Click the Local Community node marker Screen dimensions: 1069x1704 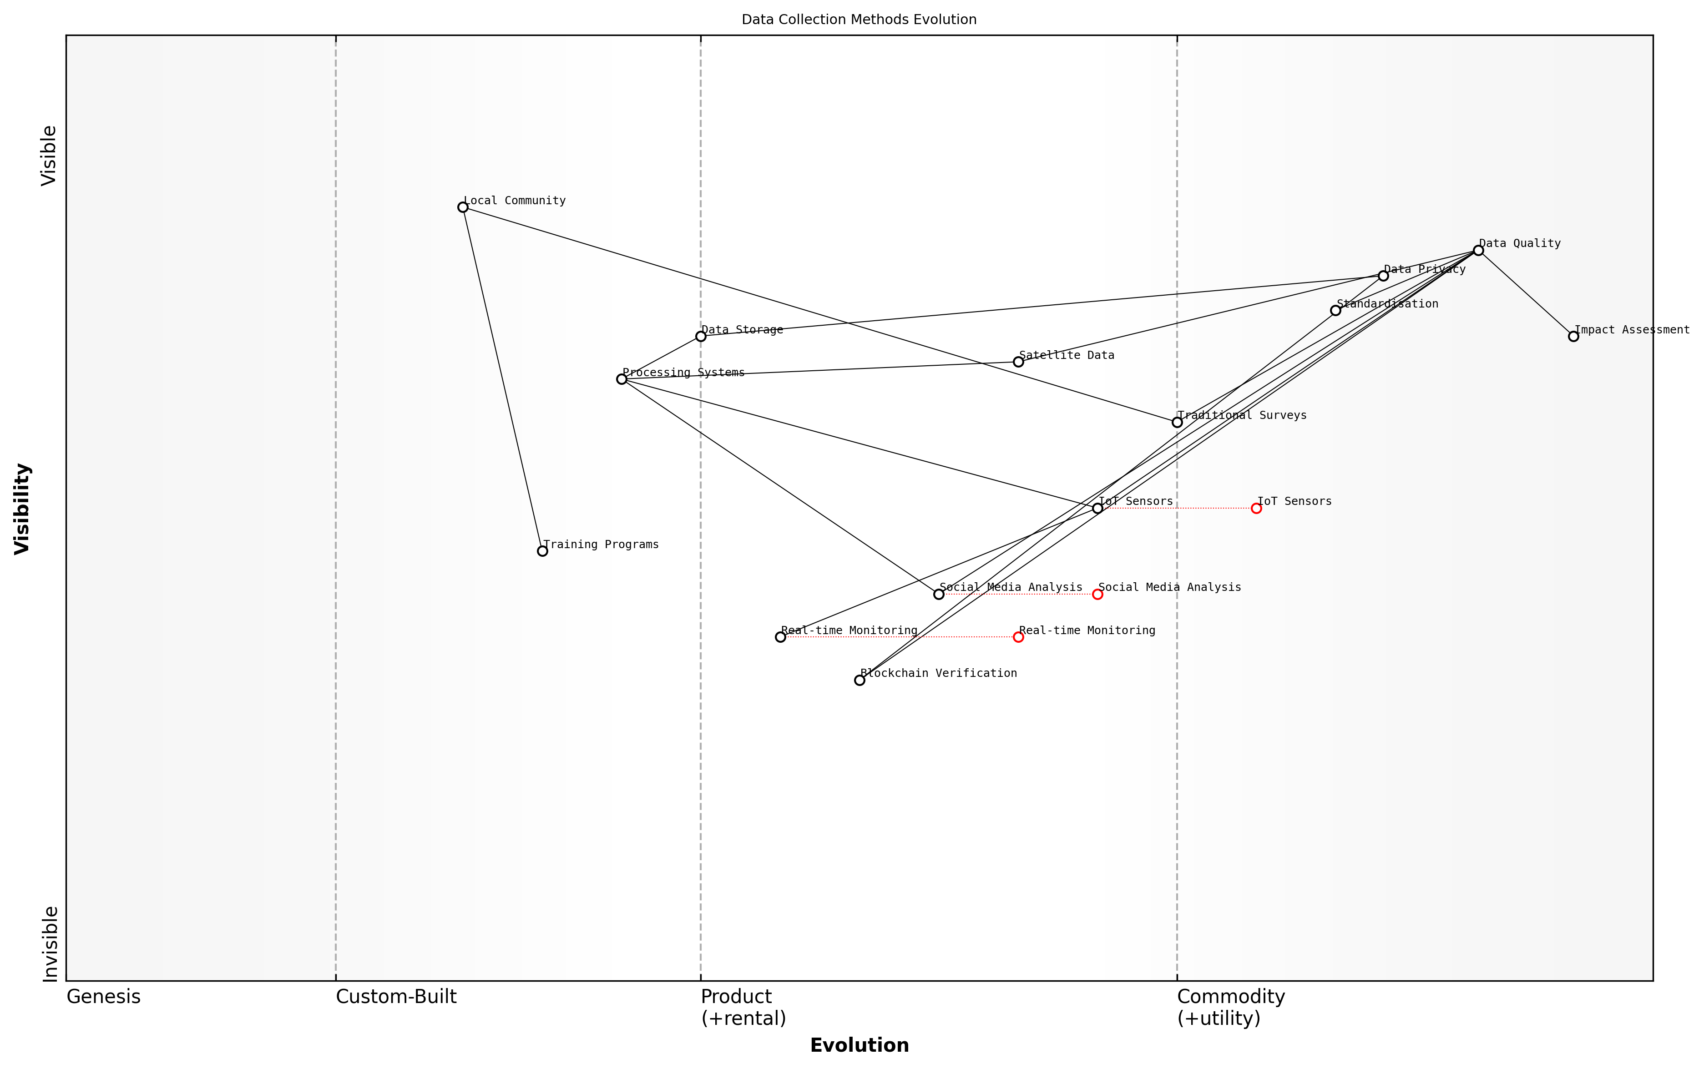tap(462, 207)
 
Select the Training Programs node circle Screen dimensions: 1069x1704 tap(542, 551)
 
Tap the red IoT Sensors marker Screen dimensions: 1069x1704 tap(1256, 508)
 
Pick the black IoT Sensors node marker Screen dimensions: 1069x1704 tap(1097, 508)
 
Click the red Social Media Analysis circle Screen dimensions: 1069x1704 tap(1097, 594)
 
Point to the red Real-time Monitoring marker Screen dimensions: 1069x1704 tap(1018, 637)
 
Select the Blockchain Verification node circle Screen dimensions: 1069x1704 tap(859, 680)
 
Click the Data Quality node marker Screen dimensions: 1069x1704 tap(1478, 250)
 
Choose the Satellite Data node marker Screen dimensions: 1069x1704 tap(1018, 362)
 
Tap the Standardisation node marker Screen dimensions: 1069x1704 tap(1335, 310)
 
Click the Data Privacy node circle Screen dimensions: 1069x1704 tap(1383, 276)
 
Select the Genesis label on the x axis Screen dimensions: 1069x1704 tap(103, 997)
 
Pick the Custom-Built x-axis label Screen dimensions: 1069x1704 tap(396, 997)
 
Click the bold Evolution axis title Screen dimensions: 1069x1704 tap(859, 1046)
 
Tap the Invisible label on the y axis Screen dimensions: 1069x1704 tap(50, 944)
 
